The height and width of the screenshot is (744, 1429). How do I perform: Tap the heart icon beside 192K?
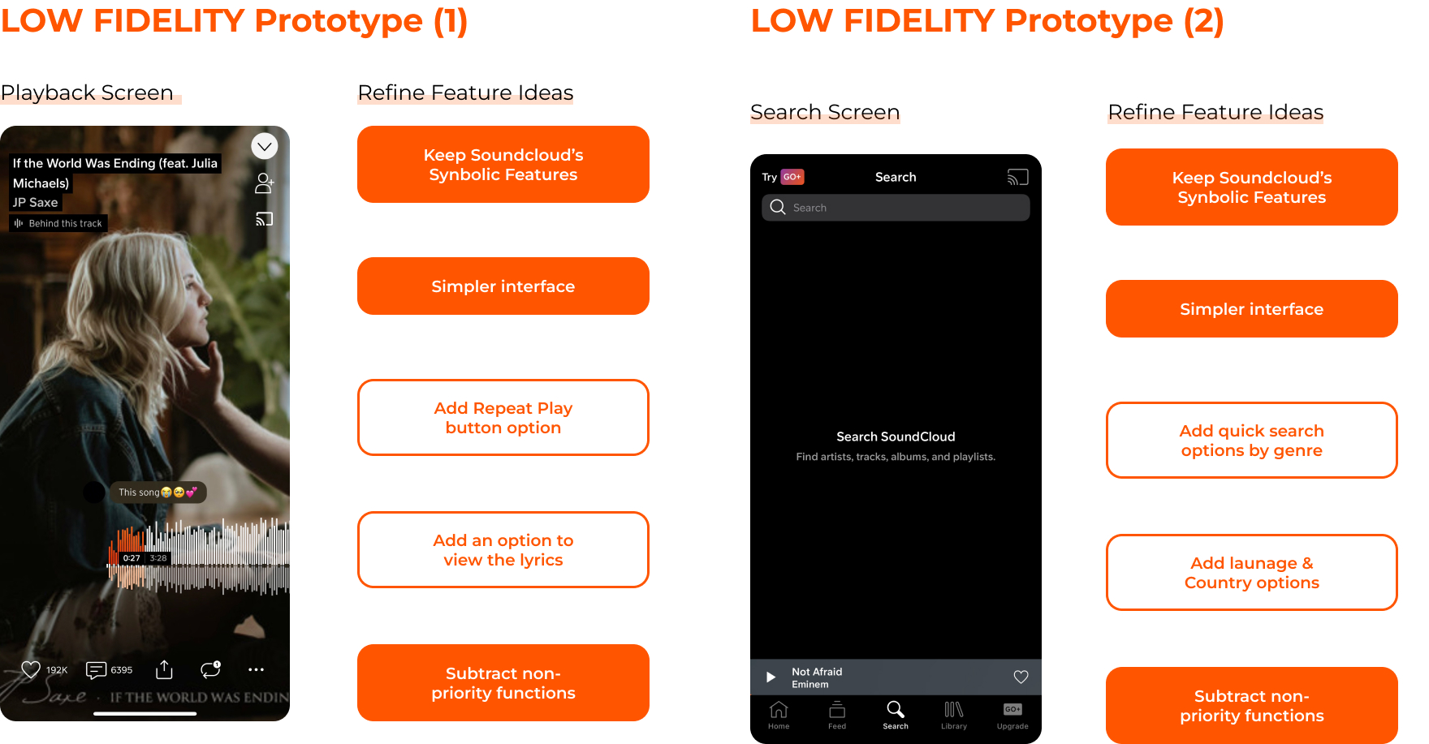point(31,669)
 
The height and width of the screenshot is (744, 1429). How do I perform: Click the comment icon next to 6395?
point(96,669)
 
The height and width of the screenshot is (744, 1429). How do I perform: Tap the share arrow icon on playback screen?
point(164,669)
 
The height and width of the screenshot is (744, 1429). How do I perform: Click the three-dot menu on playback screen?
point(256,669)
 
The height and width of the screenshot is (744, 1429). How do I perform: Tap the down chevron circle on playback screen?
point(265,146)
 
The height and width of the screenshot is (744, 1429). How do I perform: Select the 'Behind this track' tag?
point(58,223)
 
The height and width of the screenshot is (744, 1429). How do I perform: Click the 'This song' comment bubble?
point(158,492)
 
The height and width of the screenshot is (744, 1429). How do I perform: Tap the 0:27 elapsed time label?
point(132,558)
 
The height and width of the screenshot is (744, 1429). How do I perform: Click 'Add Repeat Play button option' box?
point(503,417)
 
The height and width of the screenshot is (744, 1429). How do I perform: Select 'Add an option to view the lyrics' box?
point(503,549)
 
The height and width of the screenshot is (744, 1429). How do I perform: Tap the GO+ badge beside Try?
point(792,177)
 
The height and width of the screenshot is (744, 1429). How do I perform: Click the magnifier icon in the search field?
point(778,207)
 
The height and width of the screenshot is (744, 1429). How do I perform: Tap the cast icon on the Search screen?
point(1018,177)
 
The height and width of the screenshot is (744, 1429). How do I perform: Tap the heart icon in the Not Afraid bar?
point(1021,677)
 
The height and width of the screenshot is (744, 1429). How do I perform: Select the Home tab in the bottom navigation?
point(779,715)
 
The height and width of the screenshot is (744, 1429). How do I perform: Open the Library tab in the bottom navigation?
point(954,715)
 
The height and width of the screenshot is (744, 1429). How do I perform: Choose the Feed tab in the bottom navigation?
point(837,715)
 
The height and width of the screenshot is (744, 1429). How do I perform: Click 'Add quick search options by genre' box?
point(1252,440)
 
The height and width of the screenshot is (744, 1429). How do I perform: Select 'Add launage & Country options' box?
point(1252,572)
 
